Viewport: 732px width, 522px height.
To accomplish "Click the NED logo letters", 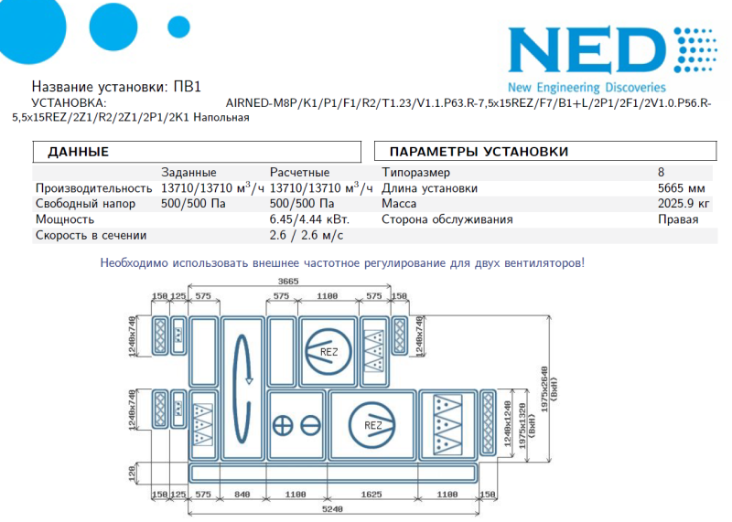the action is pyautogui.click(x=587, y=49).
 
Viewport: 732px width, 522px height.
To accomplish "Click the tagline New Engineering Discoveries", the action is pyautogui.click(x=587, y=87).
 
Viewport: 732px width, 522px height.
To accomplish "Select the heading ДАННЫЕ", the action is pyautogui.click(x=78, y=152).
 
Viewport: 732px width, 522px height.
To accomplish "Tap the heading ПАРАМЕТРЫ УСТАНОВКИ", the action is pyautogui.click(x=479, y=152).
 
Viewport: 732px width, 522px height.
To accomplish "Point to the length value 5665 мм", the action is pyautogui.click(x=681, y=188).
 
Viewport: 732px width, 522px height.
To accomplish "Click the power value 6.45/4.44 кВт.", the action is pyautogui.click(x=309, y=219).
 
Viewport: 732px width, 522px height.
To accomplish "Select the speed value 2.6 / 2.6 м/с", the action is pyautogui.click(x=307, y=235).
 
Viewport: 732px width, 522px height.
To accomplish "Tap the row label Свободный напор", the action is pyautogui.click(x=85, y=204).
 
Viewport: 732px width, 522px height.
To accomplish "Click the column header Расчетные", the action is pyautogui.click(x=299, y=172).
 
